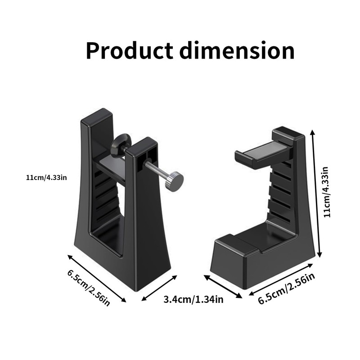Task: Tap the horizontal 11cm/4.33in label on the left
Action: pyautogui.click(x=46, y=178)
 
